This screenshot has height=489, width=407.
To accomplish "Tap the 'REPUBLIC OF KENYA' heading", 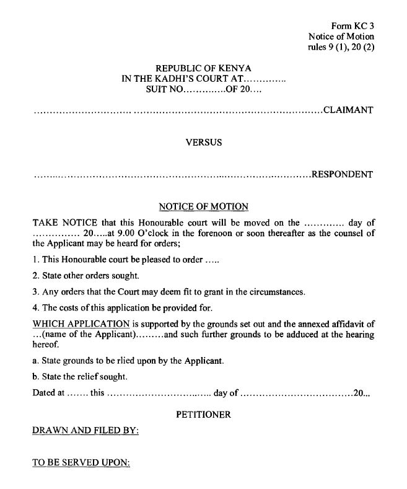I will (203, 68).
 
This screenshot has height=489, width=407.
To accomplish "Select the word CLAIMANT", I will (348, 111).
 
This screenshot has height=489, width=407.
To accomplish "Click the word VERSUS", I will (204, 143).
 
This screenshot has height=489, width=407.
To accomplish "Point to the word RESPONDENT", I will (342, 174).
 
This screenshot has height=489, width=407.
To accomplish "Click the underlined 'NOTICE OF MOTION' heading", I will (203, 207).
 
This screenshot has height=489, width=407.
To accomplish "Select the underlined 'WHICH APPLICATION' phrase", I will (81, 324).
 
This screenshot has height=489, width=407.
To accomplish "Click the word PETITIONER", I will (203, 415).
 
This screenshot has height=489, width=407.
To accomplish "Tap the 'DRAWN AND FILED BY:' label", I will (85, 430).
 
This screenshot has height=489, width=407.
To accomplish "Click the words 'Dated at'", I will (48, 393).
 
